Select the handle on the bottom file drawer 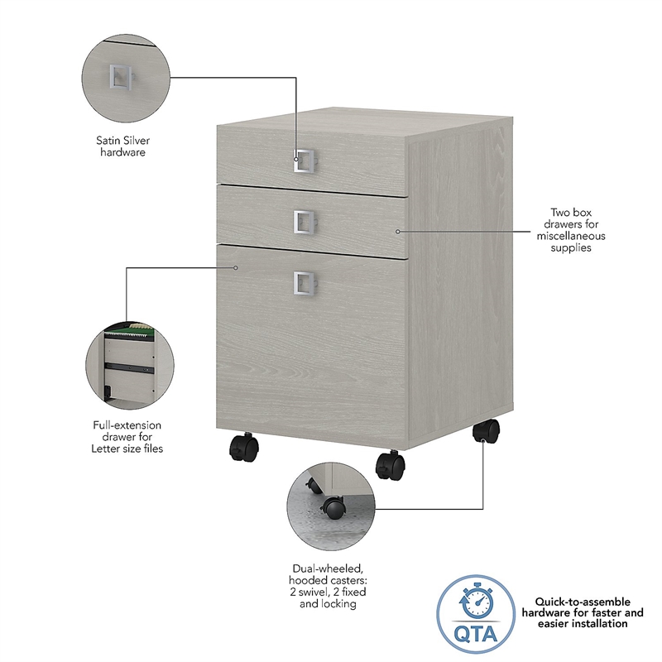click(303, 283)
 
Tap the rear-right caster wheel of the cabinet click(486, 431)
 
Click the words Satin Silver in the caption click(122, 140)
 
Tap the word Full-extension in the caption click(127, 425)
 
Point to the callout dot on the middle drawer click(397, 231)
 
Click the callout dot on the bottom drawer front click(236, 267)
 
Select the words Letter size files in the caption click(127, 449)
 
